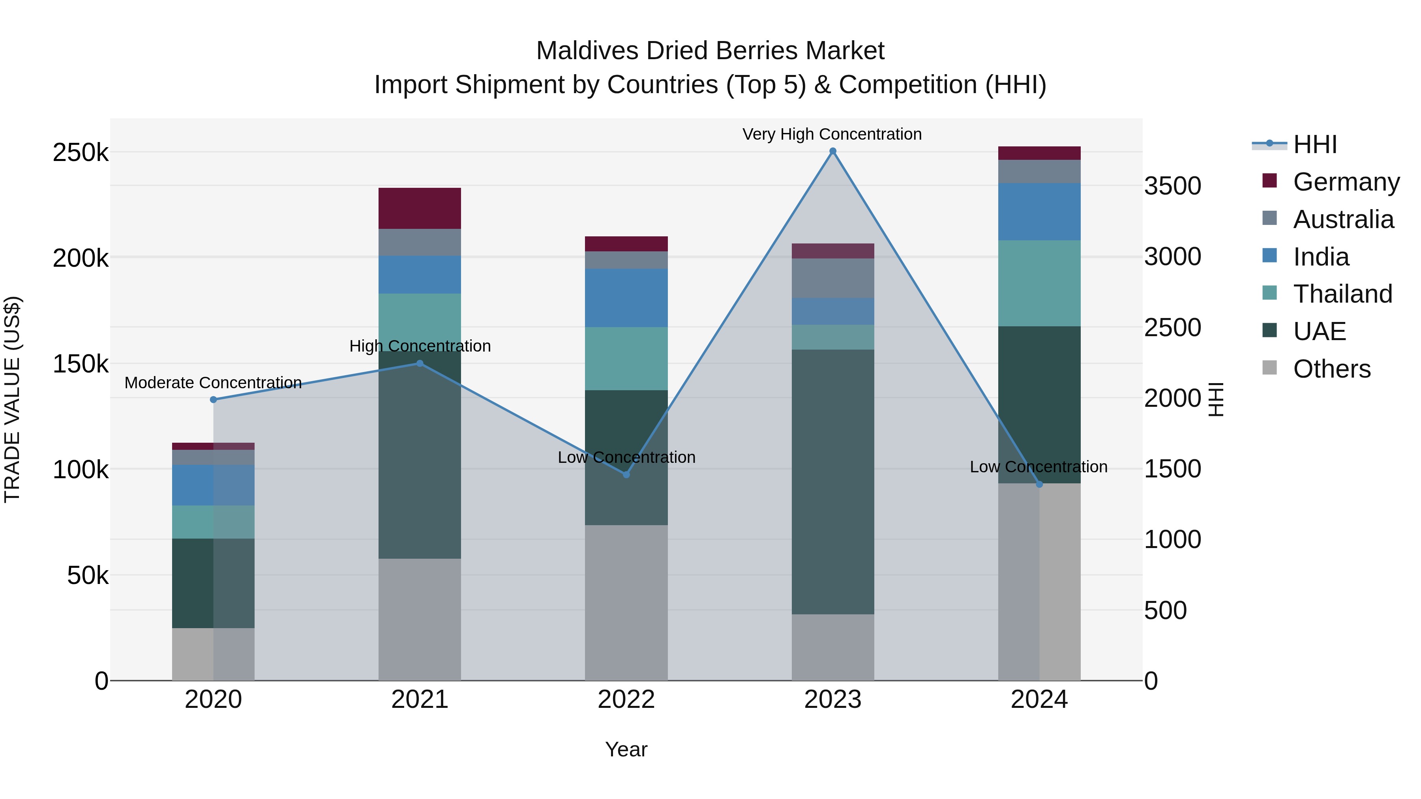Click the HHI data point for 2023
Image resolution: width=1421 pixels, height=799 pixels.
(x=832, y=151)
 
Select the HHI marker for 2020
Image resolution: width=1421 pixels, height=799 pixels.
(x=214, y=400)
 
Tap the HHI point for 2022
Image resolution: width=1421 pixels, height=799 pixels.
(x=626, y=475)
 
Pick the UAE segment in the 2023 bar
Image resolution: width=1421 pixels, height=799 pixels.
(x=832, y=481)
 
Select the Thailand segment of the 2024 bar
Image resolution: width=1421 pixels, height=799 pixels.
(x=1039, y=283)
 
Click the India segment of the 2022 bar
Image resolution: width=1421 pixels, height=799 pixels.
(x=626, y=298)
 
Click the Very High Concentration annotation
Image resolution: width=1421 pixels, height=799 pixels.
(x=832, y=134)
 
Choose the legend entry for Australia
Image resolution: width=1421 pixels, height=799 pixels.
(x=1343, y=219)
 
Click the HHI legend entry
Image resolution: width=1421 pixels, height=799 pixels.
(x=1314, y=144)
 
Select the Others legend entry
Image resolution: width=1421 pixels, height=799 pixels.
(x=1331, y=369)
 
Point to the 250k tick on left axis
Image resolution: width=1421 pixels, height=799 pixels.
(x=81, y=153)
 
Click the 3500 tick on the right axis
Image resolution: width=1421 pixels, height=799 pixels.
(x=1172, y=186)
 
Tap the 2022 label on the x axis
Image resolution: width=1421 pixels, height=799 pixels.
(x=626, y=700)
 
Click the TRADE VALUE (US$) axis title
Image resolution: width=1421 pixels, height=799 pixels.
(x=12, y=399)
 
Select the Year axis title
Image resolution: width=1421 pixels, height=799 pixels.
(x=626, y=749)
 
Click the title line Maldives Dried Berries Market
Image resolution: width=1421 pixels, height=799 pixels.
(x=710, y=51)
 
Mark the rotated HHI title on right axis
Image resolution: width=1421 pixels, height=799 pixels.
(x=1215, y=399)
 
